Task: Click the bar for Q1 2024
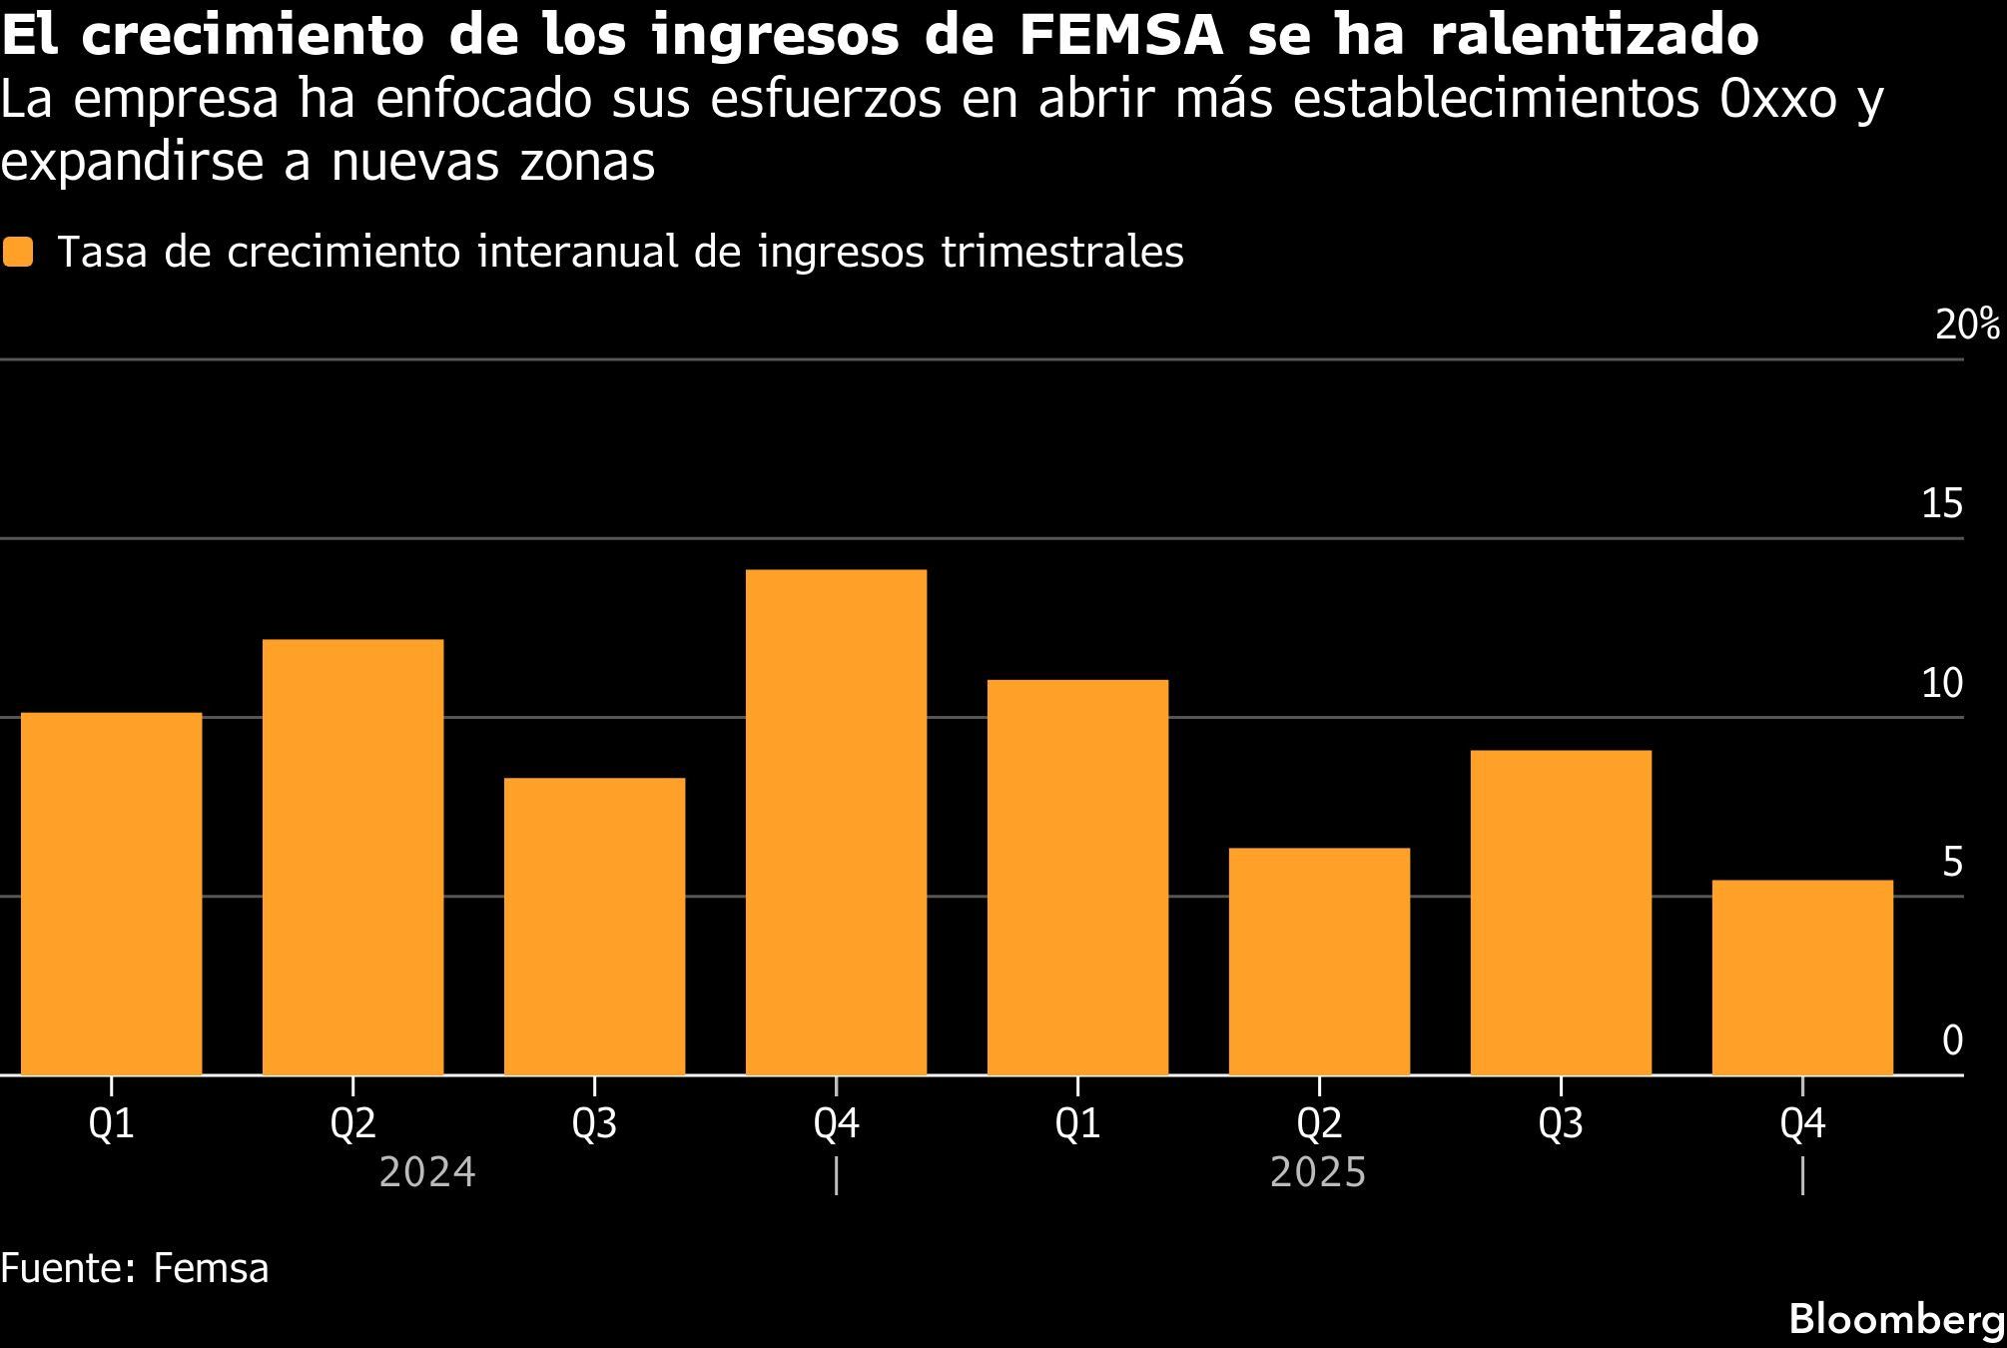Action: pyautogui.click(x=111, y=894)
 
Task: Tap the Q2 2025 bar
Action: pyautogui.click(x=1319, y=961)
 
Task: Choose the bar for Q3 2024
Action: pyautogui.click(x=594, y=926)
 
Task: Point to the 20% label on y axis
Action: pyautogui.click(x=1966, y=326)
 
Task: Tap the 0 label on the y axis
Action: pyautogui.click(x=1952, y=1041)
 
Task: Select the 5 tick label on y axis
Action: pyautogui.click(x=1952, y=863)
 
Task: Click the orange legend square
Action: pyautogui.click(x=18, y=252)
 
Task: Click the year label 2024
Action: pyautogui.click(x=427, y=1173)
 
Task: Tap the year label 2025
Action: pyautogui.click(x=1317, y=1173)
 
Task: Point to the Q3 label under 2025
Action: pyautogui.click(x=1560, y=1125)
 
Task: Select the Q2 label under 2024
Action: pyautogui.click(x=352, y=1125)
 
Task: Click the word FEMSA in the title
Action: pyautogui.click(x=1121, y=36)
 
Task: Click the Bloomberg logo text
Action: pyautogui.click(x=1895, y=1320)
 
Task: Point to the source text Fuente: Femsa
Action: pyautogui.click(x=135, y=1269)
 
